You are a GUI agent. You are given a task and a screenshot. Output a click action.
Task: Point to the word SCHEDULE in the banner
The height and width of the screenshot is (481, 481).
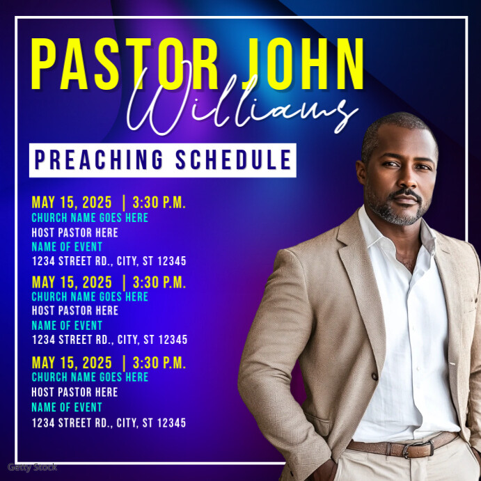(x=234, y=160)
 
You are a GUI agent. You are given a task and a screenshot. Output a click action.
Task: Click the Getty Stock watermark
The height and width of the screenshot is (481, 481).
(x=32, y=467)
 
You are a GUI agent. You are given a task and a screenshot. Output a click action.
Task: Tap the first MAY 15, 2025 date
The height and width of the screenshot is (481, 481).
(x=72, y=203)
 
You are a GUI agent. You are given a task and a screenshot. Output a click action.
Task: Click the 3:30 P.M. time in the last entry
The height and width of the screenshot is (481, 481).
(x=159, y=363)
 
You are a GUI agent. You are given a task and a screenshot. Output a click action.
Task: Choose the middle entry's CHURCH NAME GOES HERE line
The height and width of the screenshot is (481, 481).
(x=90, y=297)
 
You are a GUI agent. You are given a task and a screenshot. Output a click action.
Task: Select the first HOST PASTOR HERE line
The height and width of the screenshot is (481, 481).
(x=75, y=232)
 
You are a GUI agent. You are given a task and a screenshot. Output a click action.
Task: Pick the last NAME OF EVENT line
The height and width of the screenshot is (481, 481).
(x=67, y=407)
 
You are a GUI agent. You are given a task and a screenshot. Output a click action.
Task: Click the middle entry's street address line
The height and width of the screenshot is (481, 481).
(x=109, y=340)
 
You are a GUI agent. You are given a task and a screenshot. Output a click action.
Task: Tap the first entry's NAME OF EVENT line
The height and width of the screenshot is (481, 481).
(x=67, y=246)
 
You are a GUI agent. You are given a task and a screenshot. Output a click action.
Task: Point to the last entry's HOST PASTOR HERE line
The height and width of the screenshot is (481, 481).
(x=75, y=392)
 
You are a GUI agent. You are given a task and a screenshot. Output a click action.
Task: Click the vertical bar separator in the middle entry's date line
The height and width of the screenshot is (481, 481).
(x=124, y=283)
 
